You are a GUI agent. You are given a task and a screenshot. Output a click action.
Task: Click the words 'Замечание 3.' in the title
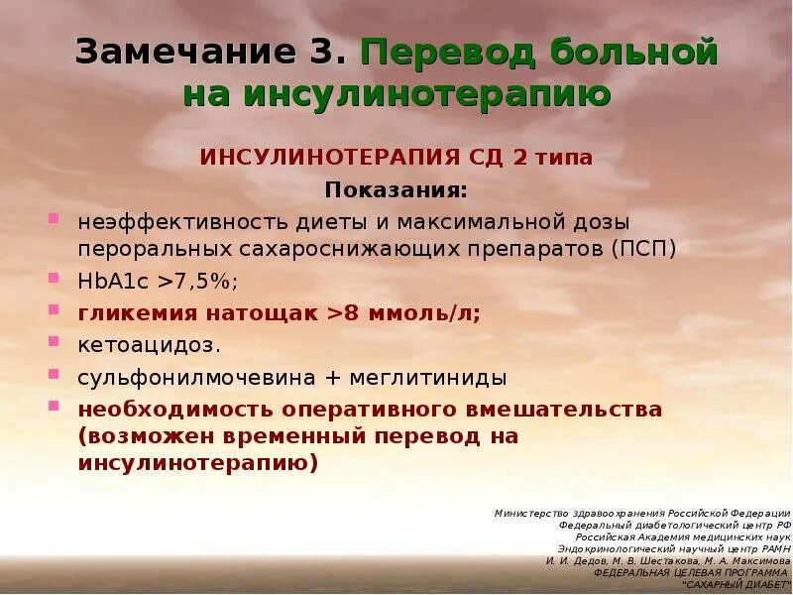coord(211,53)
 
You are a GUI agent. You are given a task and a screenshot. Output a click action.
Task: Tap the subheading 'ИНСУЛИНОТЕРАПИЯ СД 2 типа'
coord(396,158)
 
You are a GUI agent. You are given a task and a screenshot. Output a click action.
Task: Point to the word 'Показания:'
coord(396,188)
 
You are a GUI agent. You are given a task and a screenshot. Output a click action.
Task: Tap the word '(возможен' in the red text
coord(143,436)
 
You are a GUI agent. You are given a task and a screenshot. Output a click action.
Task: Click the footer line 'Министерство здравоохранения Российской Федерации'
coord(642,513)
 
